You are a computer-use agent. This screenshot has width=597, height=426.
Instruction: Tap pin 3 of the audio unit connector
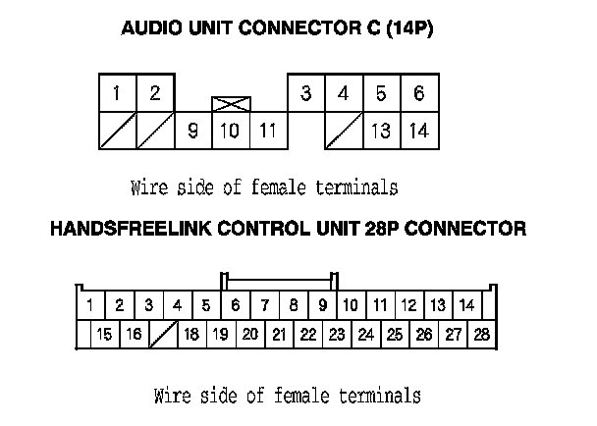coord(306,94)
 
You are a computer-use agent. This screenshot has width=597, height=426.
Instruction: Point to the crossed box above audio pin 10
coord(231,103)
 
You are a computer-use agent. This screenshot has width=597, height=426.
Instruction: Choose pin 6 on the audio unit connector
coord(418,94)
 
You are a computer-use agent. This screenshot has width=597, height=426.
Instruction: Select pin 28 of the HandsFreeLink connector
coord(481,335)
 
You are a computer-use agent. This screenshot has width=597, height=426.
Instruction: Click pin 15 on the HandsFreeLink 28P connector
coord(104,335)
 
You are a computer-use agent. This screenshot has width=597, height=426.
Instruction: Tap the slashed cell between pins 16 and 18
coord(162,335)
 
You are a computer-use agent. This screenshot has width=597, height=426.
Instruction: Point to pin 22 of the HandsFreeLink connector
coord(307,335)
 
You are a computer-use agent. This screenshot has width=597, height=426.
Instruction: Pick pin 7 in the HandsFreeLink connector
coord(264,305)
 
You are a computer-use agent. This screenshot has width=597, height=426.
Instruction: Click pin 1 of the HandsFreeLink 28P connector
coord(89,305)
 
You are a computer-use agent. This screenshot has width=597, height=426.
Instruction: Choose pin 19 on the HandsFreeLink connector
coord(220,335)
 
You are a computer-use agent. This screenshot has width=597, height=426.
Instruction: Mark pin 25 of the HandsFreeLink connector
coord(395,335)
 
